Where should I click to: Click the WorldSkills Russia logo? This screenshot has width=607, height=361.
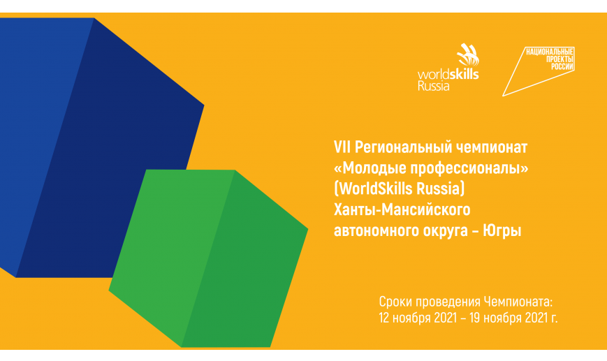pos(448,67)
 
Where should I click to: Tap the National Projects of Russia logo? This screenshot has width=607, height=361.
pos(539,71)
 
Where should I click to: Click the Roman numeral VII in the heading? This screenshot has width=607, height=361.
pos(342,147)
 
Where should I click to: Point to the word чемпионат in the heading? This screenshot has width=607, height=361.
pos(492,148)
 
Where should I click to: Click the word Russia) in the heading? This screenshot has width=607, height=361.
pos(440,189)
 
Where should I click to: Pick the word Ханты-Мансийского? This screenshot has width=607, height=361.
pos(402,209)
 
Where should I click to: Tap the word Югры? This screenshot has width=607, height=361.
pos(502,231)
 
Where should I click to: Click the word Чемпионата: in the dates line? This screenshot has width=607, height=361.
pos(519,302)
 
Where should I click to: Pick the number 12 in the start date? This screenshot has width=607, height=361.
pos(383,318)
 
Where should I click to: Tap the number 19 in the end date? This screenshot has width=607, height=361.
pos(475,318)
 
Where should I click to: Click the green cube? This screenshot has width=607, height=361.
pos(208,258)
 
